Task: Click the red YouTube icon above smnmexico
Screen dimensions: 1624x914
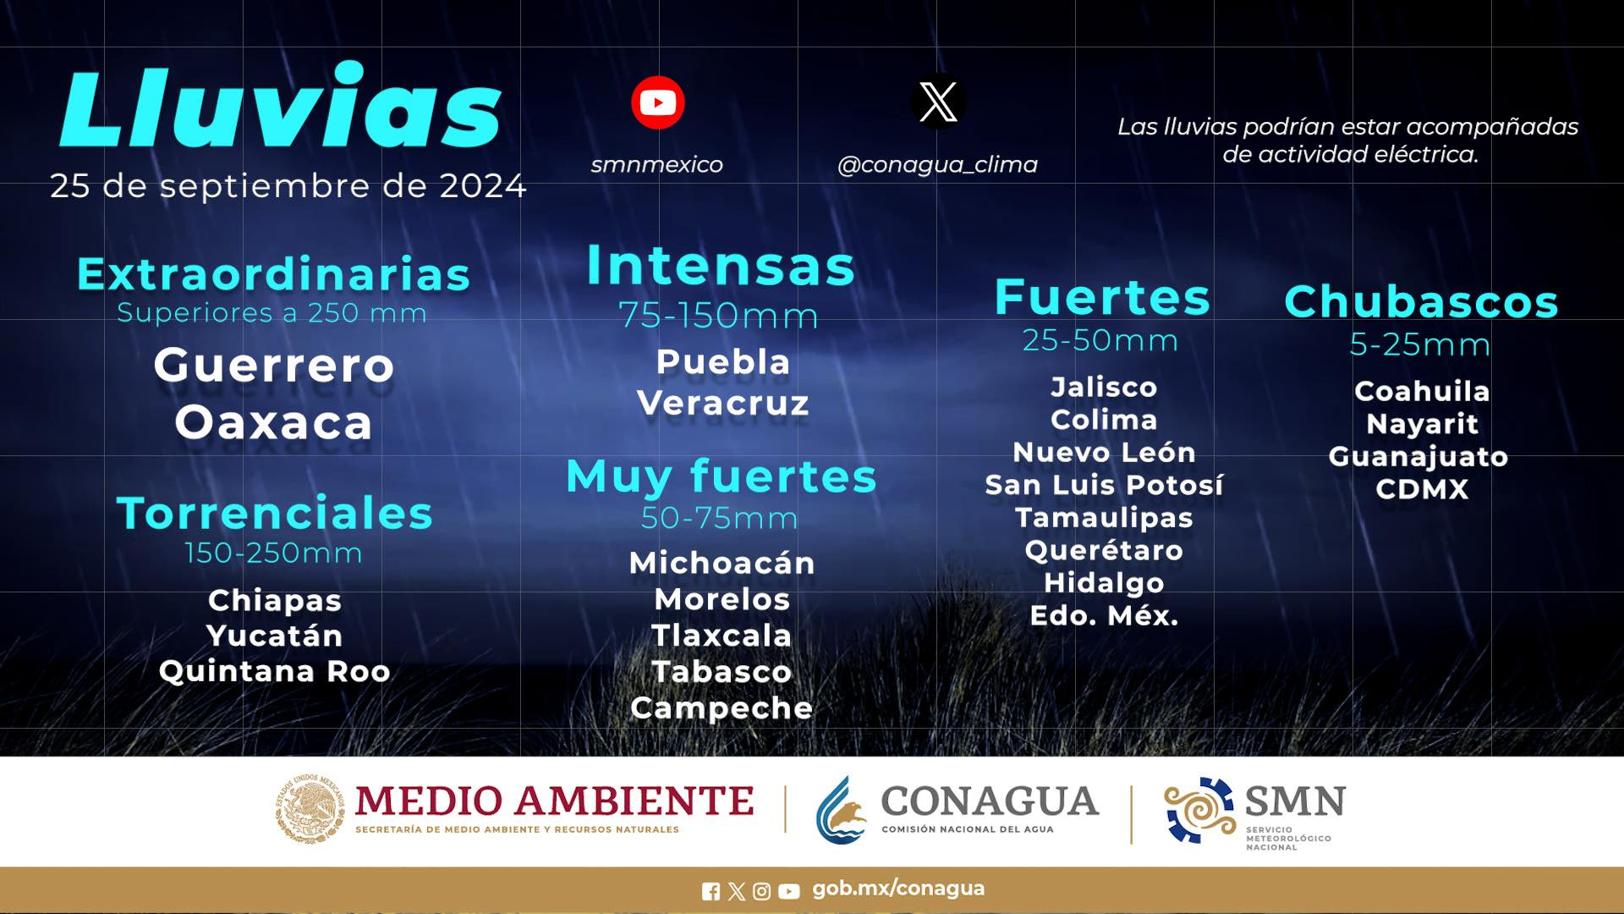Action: pyautogui.click(x=657, y=102)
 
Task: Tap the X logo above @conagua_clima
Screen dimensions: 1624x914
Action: pyautogui.click(x=938, y=102)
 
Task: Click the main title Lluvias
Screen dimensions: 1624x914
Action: pyautogui.click(x=281, y=107)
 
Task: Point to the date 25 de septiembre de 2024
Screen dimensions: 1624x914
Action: pyautogui.click(x=288, y=186)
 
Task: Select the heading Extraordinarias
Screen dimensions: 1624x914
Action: pyautogui.click(x=273, y=274)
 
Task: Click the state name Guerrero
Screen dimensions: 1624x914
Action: pyautogui.click(x=274, y=366)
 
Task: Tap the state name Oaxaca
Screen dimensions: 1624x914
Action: pyautogui.click(x=273, y=422)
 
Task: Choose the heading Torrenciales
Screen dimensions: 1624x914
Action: pyautogui.click(x=274, y=513)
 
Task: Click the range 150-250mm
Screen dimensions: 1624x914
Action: pyautogui.click(x=273, y=553)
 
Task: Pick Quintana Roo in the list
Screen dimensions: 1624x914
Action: pyautogui.click(x=274, y=671)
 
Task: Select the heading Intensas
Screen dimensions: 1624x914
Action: pyautogui.click(x=721, y=266)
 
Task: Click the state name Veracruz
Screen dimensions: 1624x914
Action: pyautogui.click(x=722, y=404)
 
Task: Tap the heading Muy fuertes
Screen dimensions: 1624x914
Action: pyautogui.click(x=721, y=476)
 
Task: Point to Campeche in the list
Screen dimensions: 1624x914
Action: pyautogui.click(x=721, y=708)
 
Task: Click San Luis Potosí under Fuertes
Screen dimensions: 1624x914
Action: pyautogui.click(x=1104, y=485)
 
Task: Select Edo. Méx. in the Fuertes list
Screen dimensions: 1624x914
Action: pyautogui.click(x=1104, y=615)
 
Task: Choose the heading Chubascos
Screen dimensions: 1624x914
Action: pyautogui.click(x=1421, y=301)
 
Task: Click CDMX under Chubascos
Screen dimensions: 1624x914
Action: pyautogui.click(x=1422, y=489)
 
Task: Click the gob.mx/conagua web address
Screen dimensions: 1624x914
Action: pyautogui.click(x=898, y=889)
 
